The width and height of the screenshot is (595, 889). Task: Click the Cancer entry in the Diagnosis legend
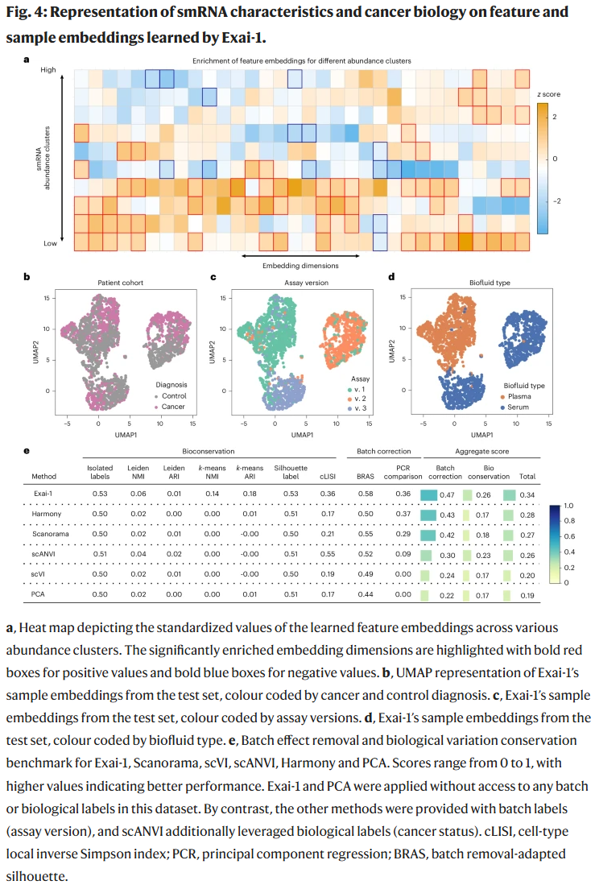click(x=173, y=407)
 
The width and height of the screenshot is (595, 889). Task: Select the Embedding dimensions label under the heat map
click(x=300, y=264)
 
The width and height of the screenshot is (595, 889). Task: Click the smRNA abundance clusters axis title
click(x=39, y=157)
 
